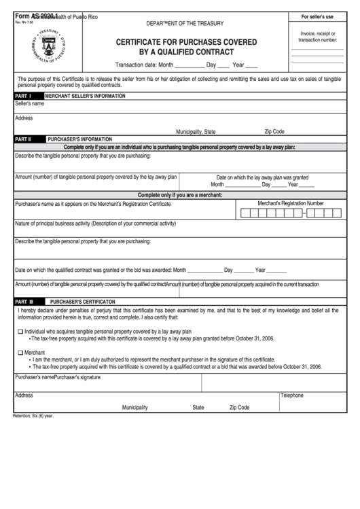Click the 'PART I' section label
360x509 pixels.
tap(23, 96)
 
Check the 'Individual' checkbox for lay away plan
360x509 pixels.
tap(20, 332)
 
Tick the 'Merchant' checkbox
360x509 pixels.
tap(20, 353)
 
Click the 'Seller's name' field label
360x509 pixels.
tap(30, 104)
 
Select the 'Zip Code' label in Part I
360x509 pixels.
tap(274, 131)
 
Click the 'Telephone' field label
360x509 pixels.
tap(292, 395)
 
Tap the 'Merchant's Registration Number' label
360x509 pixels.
tap(290, 203)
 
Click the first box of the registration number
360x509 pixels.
tap(245, 213)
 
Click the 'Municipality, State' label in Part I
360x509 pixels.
tap(196, 131)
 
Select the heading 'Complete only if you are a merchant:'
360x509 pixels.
tap(180, 195)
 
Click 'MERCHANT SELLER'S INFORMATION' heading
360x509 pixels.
tap(85, 96)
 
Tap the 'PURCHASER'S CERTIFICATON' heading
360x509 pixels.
tap(82, 300)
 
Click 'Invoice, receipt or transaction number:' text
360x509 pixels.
tap(317, 36)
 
